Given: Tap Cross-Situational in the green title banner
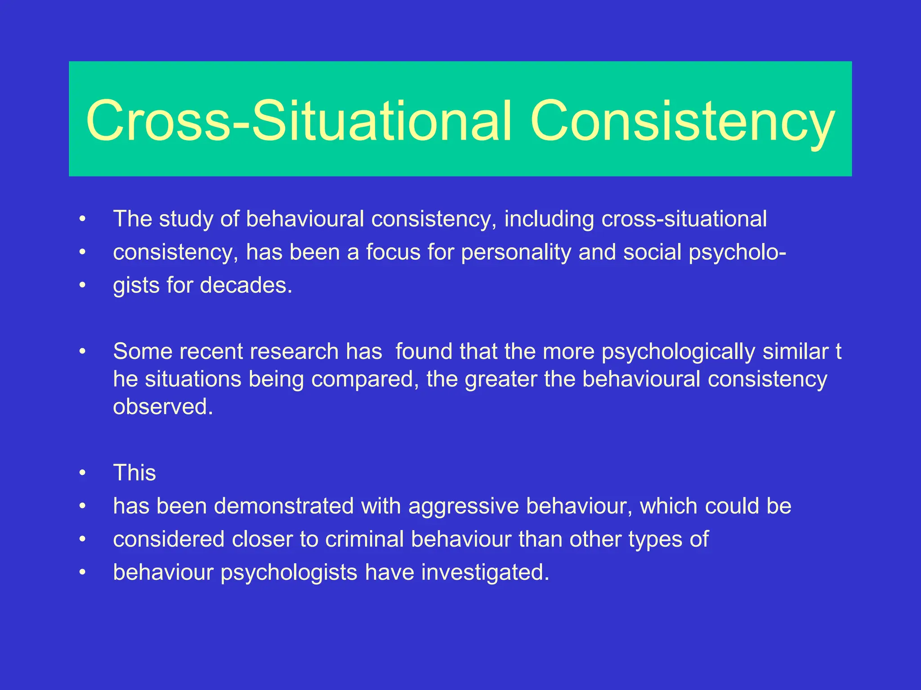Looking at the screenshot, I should pyautogui.click(x=299, y=121).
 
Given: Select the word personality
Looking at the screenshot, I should pyautogui.click(x=516, y=252).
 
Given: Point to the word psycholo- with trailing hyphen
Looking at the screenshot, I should pyautogui.click(x=738, y=252).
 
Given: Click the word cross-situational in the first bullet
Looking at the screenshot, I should pyautogui.click(x=684, y=219).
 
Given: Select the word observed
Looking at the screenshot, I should pyautogui.click(x=162, y=407).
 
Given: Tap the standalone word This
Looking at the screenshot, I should pyautogui.click(x=134, y=473).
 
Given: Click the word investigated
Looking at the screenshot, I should pyautogui.click(x=485, y=573).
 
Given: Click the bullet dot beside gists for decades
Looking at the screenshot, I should pyautogui.click(x=82, y=286).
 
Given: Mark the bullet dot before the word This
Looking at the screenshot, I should pyautogui.click(x=82, y=473).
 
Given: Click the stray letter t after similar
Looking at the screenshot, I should pyautogui.click(x=838, y=352).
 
